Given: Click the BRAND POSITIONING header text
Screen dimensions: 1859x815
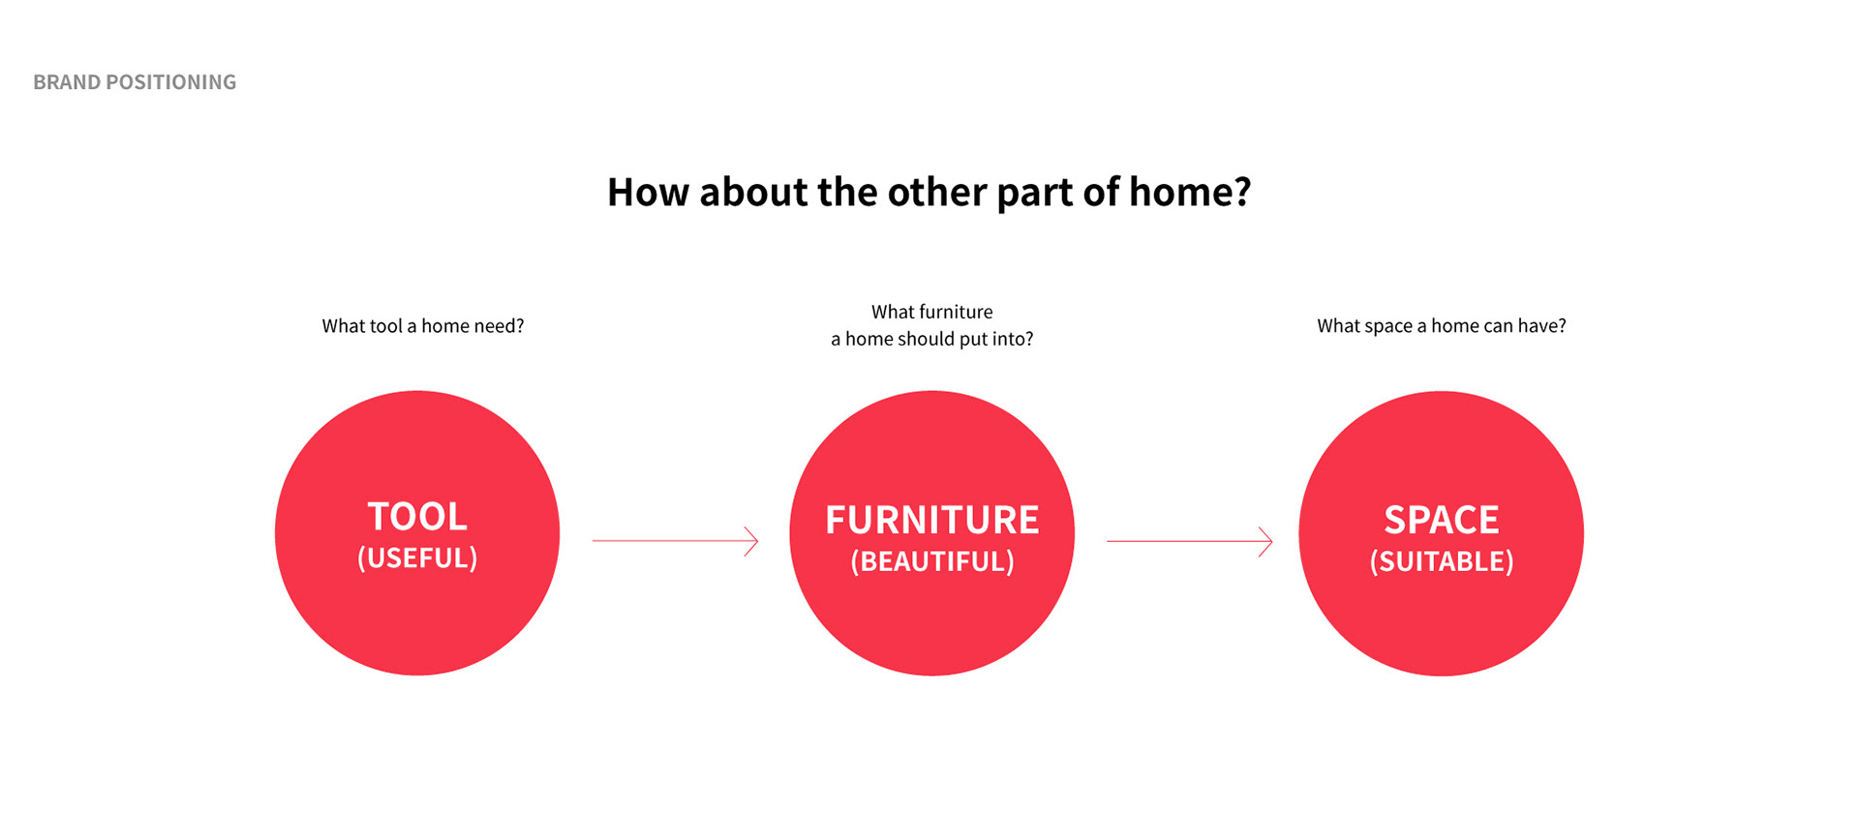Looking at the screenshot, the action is click(x=135, y=82).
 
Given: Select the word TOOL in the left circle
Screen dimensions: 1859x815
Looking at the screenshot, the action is click(x=417, y=517).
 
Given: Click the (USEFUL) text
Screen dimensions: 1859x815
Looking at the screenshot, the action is click(x=417, y=558).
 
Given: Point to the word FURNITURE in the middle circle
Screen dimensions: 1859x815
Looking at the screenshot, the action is click(x=932, y=520).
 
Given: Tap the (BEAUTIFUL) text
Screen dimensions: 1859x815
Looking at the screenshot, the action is click(x=932, y=561).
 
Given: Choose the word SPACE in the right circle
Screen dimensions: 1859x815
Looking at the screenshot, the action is click(x=1442, y=520).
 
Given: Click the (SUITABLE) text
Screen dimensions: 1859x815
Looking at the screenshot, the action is click(x=1442, y=561).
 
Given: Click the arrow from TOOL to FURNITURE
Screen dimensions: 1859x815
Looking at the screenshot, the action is click(x=675, y=541).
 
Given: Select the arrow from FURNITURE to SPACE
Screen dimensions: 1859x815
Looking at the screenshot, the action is click(x=1190, y=541).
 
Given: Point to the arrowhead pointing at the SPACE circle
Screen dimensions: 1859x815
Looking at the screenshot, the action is click(x=1265, y=541).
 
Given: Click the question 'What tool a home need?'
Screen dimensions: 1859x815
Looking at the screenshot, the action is click(x=423, y=326).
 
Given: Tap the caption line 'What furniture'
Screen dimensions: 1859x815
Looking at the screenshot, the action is click(x=932, y=312).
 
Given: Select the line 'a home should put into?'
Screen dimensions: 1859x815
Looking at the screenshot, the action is click(x=932, y=339).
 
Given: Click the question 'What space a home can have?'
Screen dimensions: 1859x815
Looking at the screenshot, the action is click(x=1442, y=326).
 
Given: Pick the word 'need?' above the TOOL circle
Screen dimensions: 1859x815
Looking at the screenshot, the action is click(x=500, y=326).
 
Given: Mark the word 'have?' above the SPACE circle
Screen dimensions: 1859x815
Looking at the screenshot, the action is click(x=1541, y=326).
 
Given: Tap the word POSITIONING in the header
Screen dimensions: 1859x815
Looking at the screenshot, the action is click(x=170, y=82).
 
